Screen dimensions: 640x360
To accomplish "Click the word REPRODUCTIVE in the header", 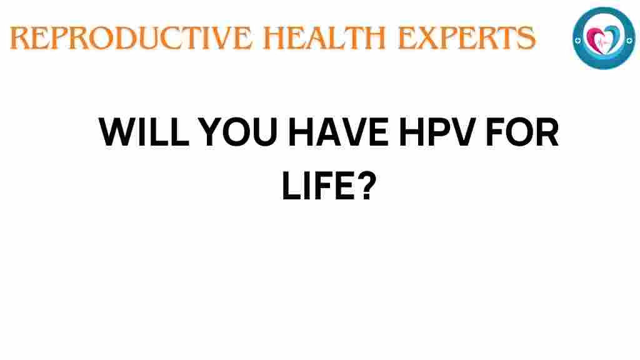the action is pos(131,37).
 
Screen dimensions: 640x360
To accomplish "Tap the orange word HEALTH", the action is pos(324,37).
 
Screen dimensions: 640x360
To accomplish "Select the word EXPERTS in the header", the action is pos(466,37).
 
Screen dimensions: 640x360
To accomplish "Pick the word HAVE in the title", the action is pos(339,132).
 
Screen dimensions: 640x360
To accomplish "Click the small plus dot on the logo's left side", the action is pos(577,41).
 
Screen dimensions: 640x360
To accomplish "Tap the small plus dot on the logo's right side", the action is pos(629,40).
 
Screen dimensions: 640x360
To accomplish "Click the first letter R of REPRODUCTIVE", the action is pos(20,38).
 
